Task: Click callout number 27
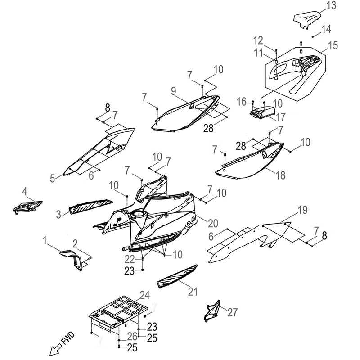pos(233,311)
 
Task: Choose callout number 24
pos(144,296)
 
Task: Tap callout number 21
pos(193,292)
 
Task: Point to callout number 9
pos(174,91)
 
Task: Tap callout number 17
pos(281,117)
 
